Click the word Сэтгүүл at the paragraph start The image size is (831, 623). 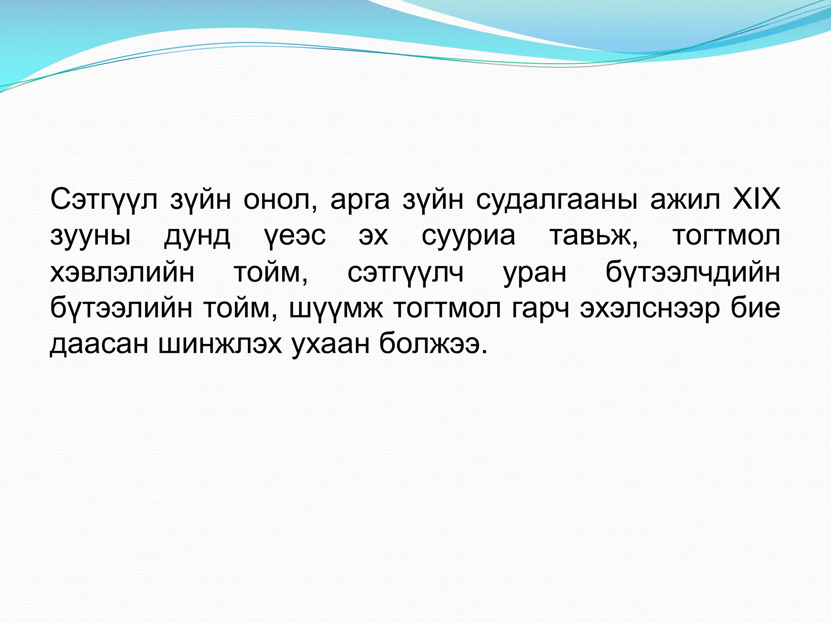coord(104,200)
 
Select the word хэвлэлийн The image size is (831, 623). coord(122,273)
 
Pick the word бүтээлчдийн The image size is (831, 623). coord(693,273)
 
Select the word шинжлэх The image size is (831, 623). coord(220,344)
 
